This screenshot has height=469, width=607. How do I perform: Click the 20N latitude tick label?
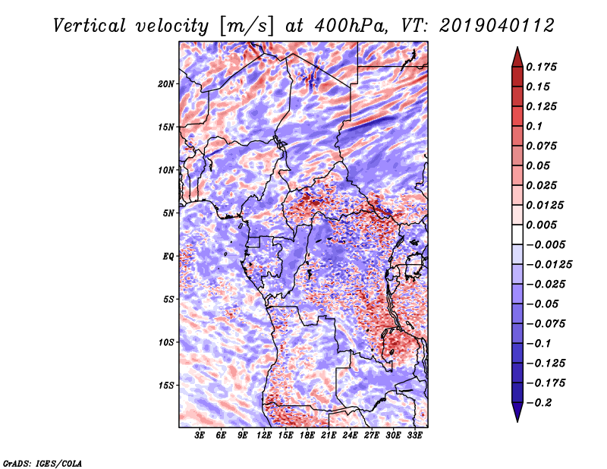pos(166,83)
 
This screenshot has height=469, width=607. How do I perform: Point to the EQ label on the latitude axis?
pos(168,256)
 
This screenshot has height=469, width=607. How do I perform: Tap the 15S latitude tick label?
pos(166,385)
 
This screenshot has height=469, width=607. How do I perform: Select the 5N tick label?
pos(168,213)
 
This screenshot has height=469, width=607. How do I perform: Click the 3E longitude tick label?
pos(200,436)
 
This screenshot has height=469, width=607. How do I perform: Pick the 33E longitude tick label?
pos(415,436)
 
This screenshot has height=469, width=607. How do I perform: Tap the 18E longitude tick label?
pos(307,436)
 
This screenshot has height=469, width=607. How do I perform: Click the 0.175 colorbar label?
pos(543,67)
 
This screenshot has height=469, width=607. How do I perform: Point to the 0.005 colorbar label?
pos(543,225)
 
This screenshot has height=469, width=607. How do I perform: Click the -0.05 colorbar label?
pos(542,304)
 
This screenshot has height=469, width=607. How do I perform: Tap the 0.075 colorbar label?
pos(543,146)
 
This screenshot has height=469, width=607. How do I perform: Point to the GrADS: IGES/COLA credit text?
pos(42,462)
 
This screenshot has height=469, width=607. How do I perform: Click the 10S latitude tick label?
pos(166,342)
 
